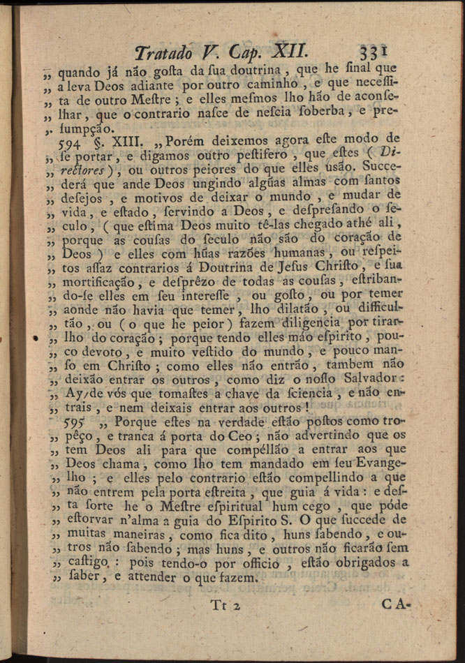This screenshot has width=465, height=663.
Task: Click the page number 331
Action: click(374, 52)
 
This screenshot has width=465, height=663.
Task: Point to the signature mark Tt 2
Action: click(225, 604)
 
